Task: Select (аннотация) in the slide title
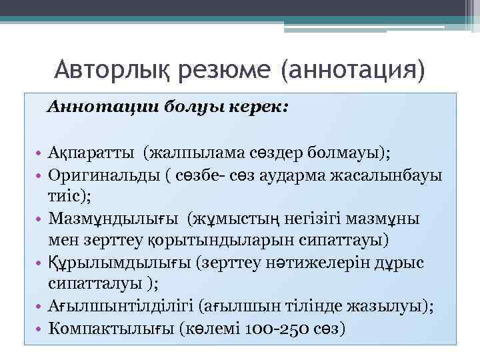point(353,69)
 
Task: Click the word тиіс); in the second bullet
point(70,196)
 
